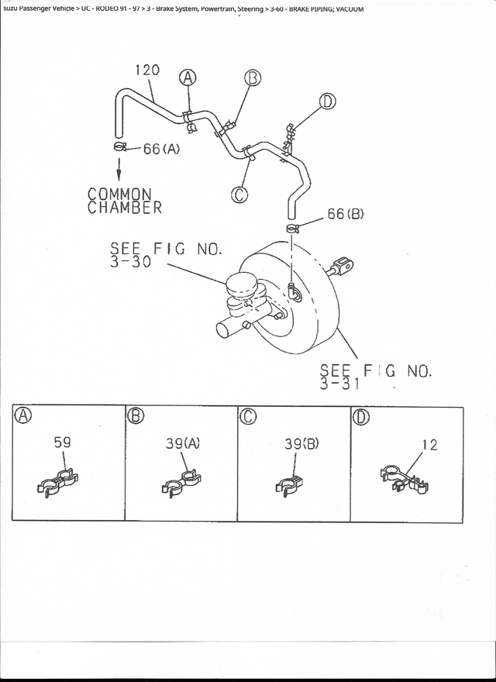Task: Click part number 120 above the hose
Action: pyautogui.click(x=147, y=70)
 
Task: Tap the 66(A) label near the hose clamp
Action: pyautogui.click(x=161, y=149)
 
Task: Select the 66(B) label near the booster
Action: pyautogui.click(x=346, y=214)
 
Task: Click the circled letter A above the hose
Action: pyautogui.click(x=188, y=77)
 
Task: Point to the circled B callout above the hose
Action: pyautogui.click(x=253, y=78)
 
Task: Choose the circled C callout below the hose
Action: pyautogui.click(x=239, y=195)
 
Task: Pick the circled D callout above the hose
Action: pyautogui.click(x=328, y=102)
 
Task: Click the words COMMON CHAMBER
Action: pyautogui.click(x=125, y=201)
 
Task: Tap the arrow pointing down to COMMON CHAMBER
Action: pyautogui.click(x=119, y=168)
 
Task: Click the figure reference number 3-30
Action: pyautogui.click(x=130, y=262)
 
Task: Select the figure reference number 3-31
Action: pyautogui.click(x=339, y=384)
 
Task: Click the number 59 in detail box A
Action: pyautogui.click(x=62, y=443)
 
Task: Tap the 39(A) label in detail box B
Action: pyautogui.click(x=183, y=443)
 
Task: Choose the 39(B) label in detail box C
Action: pyautogui.click(x=302, y=443)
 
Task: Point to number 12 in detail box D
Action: pyautogui.click(x=430, y=445)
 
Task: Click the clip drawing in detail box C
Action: pyautogui.click(x=289, y=485)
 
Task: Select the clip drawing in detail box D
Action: pyautogui.click(x=404, y=479)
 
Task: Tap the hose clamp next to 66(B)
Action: pyautogui.click(x=293, y=228)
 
